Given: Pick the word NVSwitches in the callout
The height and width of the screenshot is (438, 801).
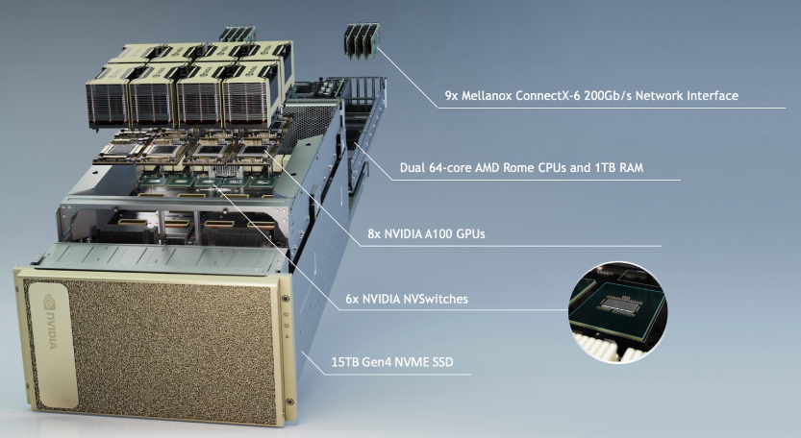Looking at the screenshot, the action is (x=436, y=299).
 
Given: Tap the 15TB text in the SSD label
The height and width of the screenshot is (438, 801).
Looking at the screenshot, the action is (x=345, y=362).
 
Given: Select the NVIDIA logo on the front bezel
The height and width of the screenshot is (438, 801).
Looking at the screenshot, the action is (x=52, y=322).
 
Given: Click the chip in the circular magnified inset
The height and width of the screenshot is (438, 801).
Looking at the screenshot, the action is (x=620, y=305).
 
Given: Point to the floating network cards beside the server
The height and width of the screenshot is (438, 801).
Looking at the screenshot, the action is (x=362, y=40).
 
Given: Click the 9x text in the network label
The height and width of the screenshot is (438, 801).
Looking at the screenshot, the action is (x=451, y=95).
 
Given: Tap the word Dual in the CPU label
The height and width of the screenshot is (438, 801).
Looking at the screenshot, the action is (x=412, y=167).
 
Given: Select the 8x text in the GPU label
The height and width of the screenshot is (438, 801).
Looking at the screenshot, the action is (x=374, y=233).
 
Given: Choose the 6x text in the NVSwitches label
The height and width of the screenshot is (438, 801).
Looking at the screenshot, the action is (x=352, y=299).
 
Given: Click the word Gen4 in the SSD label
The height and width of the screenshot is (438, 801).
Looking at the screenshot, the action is (x=378, y=362).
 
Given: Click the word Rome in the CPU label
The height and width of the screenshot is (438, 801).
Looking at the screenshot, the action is (x=517, y=167).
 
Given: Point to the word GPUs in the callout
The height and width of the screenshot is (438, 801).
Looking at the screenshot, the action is (x=470, y=233).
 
